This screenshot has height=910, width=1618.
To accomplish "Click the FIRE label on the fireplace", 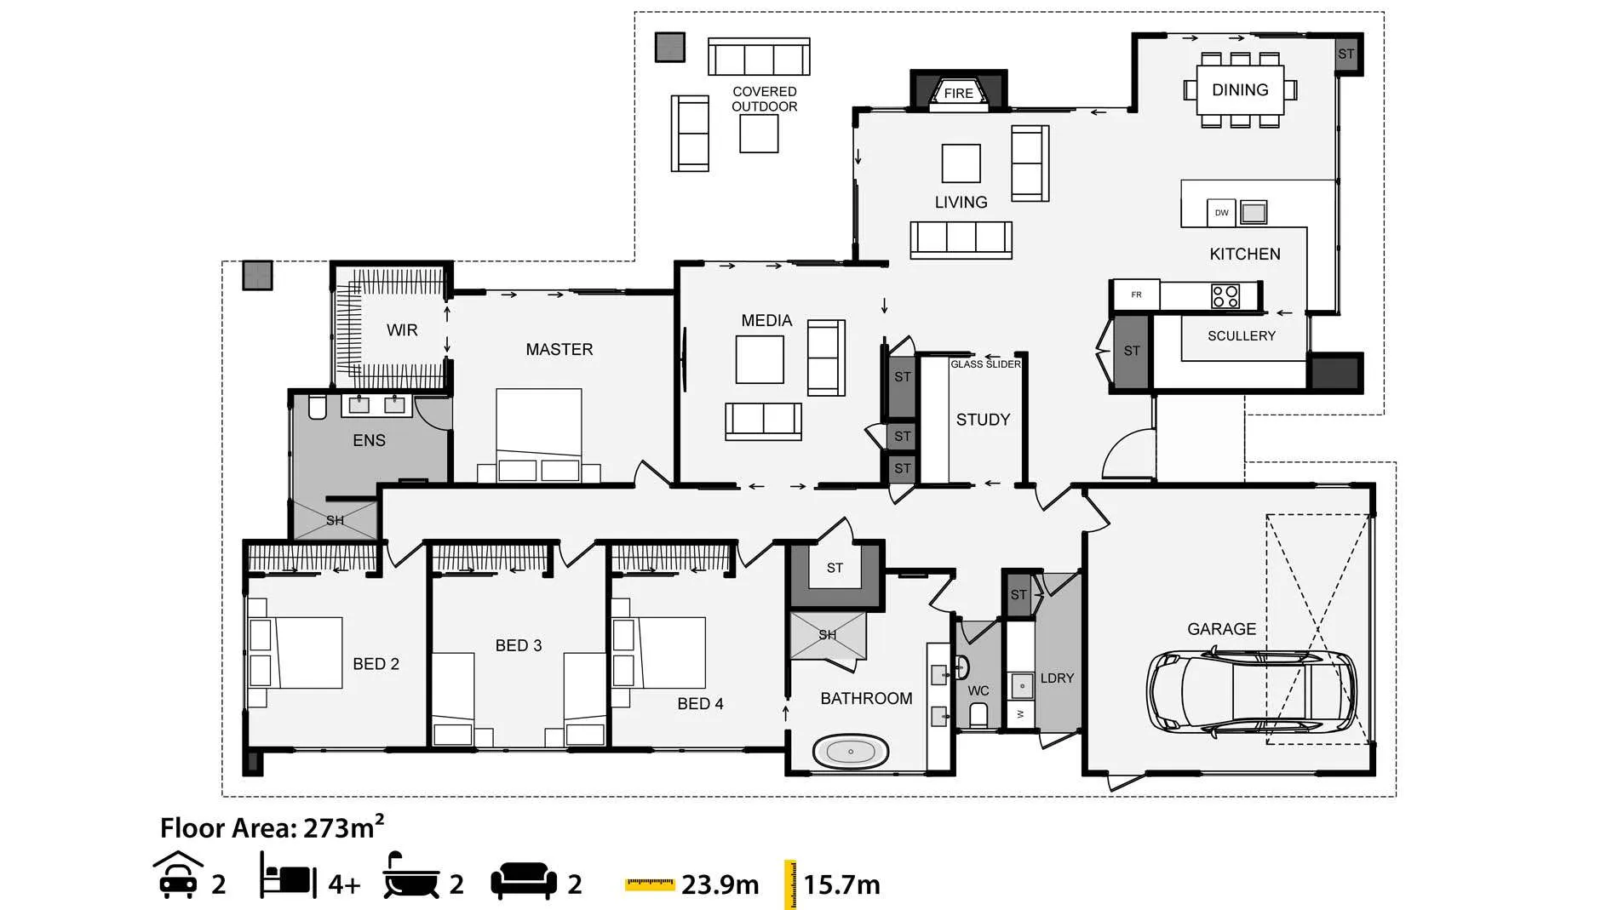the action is pyautogui.click(x=958, y=94).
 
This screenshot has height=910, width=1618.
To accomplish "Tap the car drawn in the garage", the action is pyautogui.click(x=1251, y=692).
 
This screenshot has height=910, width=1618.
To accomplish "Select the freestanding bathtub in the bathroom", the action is pyautogui.click(x=851, y=752).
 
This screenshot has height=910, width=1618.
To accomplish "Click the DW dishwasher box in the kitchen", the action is pyautogui.click(x=1221, y=213).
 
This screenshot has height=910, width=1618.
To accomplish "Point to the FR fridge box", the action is pyautogui.click(x=1137, y=295).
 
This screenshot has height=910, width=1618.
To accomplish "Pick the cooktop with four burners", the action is pyautogui.click(x=1225, y=296).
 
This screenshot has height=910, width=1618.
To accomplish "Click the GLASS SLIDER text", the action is pyautogui.click(x=985, y=364).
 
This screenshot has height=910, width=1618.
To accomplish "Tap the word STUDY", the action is pyautogui.click(x=983, y=420).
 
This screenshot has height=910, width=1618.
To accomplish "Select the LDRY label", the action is pyautogui.click(x=1057, y=678).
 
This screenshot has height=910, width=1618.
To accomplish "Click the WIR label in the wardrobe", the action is pyautogui.click(x=402, y=330).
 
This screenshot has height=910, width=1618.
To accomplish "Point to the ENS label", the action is pyautogui.click(x=369, y=440).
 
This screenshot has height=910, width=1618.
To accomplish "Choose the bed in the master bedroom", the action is pyautogui.click(x=539, y=435).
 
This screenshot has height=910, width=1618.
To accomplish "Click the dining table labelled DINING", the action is pyautogui.click(x=1241, y=89).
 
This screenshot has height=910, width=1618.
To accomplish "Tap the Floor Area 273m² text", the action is pyautogui.click(x=272, y=827).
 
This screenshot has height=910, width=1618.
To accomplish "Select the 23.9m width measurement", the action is pyautogui.click(x=720, y=884).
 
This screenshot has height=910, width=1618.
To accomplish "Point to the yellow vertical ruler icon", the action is pyautogui.click(x=790, y=884).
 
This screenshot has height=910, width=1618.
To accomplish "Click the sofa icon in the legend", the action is pyautogui.click(x=524, y=881).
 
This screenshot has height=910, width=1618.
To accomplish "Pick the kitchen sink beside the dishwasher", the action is pyautogui.click(x=1254, y=212).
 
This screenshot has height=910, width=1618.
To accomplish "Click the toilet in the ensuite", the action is pyautogui.click(x=318, y=407).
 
